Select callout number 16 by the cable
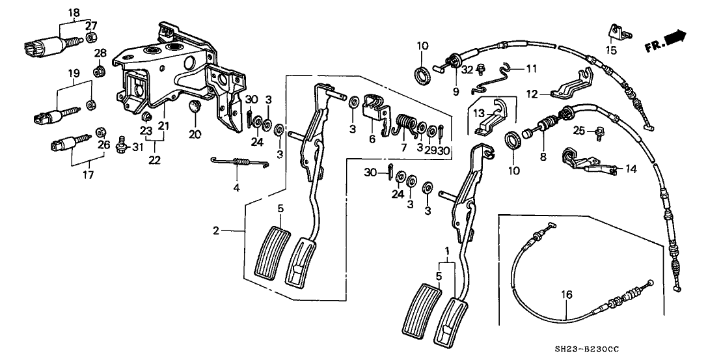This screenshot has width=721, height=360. tap(567, 296)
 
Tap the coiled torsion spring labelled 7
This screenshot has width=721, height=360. tap(389, 122)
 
